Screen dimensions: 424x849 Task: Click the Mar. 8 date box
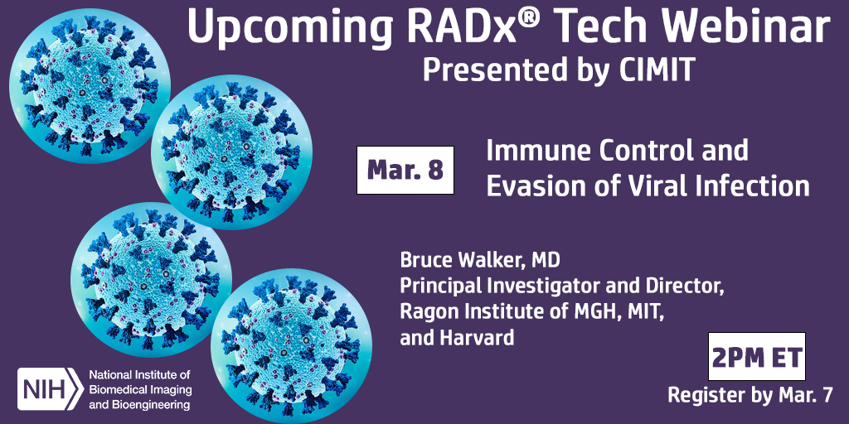point(405,170)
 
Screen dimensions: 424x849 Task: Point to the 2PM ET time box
point(755,357)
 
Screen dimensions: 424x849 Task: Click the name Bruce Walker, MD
point(480,260)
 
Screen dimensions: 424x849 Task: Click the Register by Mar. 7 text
point(750,396)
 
